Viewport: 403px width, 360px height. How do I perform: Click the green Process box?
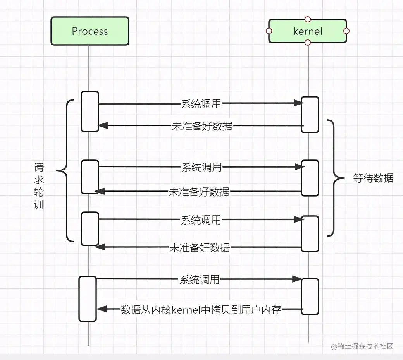coord(90,31)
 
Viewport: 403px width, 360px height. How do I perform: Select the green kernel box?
coord(308,31)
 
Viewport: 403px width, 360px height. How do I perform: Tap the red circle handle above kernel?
coord(308,19)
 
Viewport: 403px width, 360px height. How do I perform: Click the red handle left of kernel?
coord(269,31)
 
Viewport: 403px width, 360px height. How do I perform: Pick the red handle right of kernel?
coord(346,31)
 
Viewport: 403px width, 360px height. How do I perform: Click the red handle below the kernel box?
coord(308,42)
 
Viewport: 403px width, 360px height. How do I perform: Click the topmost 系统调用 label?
coord(201,103)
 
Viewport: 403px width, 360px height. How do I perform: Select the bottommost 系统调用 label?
coord(199,279)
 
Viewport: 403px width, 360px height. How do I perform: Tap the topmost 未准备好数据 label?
coord(202,126)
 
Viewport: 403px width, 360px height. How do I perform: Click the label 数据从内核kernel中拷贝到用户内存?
coord(201,310)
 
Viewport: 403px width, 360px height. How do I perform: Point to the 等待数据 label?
coord(373,178)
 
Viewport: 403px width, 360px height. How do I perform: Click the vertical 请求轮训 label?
coord(39,186)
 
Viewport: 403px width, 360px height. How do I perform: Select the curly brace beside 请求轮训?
coord(64,170)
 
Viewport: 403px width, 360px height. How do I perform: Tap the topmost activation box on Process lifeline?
coord(90,111)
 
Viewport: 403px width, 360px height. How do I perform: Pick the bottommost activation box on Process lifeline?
coord(88,298)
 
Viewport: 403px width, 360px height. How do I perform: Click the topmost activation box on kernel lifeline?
coord(310,114)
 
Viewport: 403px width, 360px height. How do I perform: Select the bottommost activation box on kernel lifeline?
coord(310,296)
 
